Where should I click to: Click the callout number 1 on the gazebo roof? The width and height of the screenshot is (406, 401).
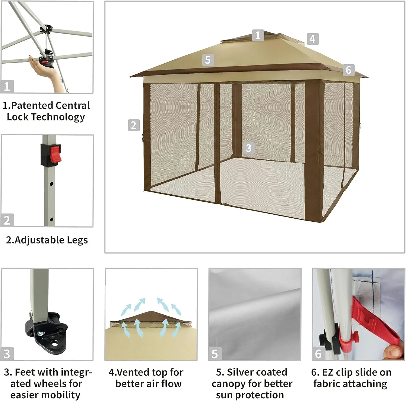pos(258,35)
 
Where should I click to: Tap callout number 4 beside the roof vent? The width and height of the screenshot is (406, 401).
pos(313,39)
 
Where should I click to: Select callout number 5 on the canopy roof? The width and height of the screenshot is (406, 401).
pos(208,60)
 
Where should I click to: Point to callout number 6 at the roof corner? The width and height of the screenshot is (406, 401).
pos(349,70)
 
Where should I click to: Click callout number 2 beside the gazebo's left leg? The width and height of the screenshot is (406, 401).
pos(133,125)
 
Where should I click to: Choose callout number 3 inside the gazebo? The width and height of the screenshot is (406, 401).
pos(248,148)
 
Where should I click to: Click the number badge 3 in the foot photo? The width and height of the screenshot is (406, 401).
pos(7,354)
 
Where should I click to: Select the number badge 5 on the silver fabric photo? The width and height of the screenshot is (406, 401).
pos(215,354)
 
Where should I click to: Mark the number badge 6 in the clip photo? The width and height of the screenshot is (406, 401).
pos(318,354)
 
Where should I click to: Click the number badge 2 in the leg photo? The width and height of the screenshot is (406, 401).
pos(7,220)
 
